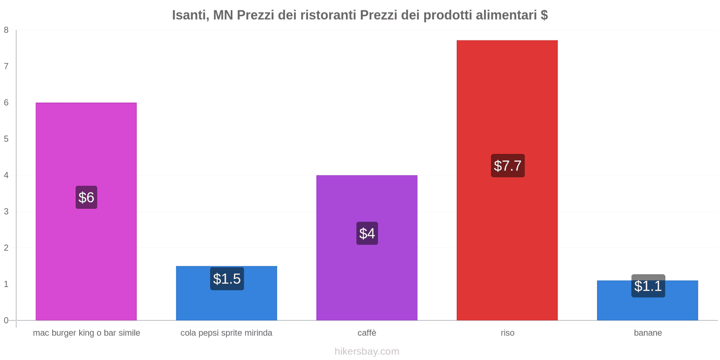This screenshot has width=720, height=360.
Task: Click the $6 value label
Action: [86, 197]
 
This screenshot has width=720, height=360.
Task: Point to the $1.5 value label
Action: [227, 279]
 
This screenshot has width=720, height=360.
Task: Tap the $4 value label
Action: [367, 233]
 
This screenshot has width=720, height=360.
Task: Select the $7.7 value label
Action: [508, 166]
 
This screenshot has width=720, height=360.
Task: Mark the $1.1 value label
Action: [648, 286]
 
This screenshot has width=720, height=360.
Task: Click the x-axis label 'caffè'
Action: [367, 333]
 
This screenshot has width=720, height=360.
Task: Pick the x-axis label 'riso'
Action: [507, 333]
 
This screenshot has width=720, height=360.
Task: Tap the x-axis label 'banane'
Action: [648, 333]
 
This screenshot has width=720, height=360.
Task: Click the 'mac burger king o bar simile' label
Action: [86, 333]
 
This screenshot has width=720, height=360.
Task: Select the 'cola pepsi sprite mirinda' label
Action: [226, 333]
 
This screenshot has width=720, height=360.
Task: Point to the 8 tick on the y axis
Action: [6, 30]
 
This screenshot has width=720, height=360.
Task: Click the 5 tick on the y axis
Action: [6, 139]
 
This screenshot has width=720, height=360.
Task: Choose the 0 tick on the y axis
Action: [6, 320]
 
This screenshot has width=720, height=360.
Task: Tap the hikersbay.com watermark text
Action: [367, 351]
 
